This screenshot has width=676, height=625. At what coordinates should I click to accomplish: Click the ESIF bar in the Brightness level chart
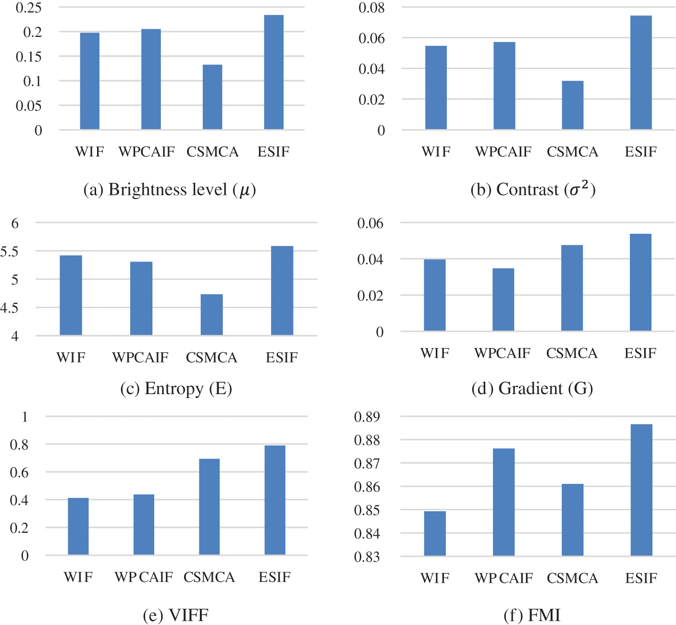click(274, 72)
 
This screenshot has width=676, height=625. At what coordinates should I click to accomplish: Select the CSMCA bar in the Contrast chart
click(573, 105)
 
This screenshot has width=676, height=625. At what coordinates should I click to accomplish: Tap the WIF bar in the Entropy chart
click(71, 295)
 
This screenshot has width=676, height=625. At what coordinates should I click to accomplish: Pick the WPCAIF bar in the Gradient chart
click(504, 300)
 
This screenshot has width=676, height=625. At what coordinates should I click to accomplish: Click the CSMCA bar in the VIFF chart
click(209, 507)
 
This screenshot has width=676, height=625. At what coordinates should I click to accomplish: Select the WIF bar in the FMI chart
click(435, 533)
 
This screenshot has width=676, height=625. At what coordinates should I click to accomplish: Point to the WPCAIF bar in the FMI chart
click(504, 502)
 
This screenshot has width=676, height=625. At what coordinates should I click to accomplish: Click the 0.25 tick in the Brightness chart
click(29, 8)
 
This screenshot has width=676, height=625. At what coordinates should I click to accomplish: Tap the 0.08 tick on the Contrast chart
click(372, 8)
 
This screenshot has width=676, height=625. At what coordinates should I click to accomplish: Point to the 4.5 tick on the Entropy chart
click(9, 308)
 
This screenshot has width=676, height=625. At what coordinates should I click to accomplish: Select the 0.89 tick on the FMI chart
click(367, 417)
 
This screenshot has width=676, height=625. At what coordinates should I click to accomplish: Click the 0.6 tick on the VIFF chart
click(19, 472)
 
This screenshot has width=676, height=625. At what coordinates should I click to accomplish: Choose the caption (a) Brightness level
click(170, 190)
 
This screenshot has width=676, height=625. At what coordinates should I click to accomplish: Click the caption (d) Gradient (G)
click(532, 388)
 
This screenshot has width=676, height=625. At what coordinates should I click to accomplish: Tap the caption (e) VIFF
click(176, 615)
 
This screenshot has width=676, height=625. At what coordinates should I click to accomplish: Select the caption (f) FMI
click(532, 615)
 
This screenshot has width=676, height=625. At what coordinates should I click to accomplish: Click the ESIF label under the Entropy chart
click(282, 358)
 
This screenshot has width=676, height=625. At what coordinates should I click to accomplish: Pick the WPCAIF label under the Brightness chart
click(147, 152)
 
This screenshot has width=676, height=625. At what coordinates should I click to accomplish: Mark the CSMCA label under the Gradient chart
click(572, 353)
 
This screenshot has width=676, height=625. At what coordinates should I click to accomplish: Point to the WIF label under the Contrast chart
click(436, 152)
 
